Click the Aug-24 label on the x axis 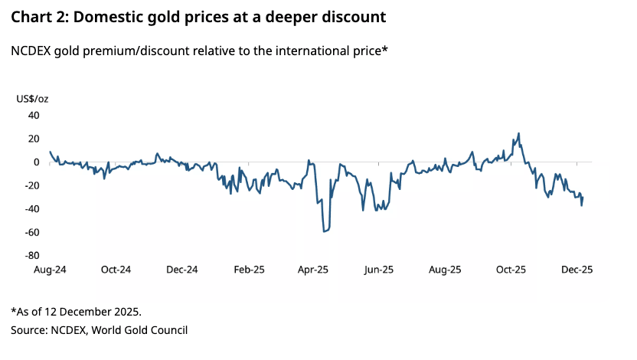click(x=49, y=270)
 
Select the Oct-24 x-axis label click(x=116, y=270)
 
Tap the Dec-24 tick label click(x=181, y=270)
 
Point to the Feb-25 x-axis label click(x=248, y=270)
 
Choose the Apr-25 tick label click(x=313, y=270)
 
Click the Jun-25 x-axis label click(x=379, y=270)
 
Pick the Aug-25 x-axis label click(x=445, y=270)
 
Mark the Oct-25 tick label click(x=511, y=270)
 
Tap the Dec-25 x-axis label click(x=577, y=270)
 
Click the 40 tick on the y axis click(x=34, y=116)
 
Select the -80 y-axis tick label click(x=31, y=256)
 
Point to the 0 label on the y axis click(x=36, y=162)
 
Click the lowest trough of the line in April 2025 click(x=325, y=231)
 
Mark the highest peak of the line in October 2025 click(x=519, y=133)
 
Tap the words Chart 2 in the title click(x=38, y=15)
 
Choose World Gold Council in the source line click(x=143, y=330)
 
